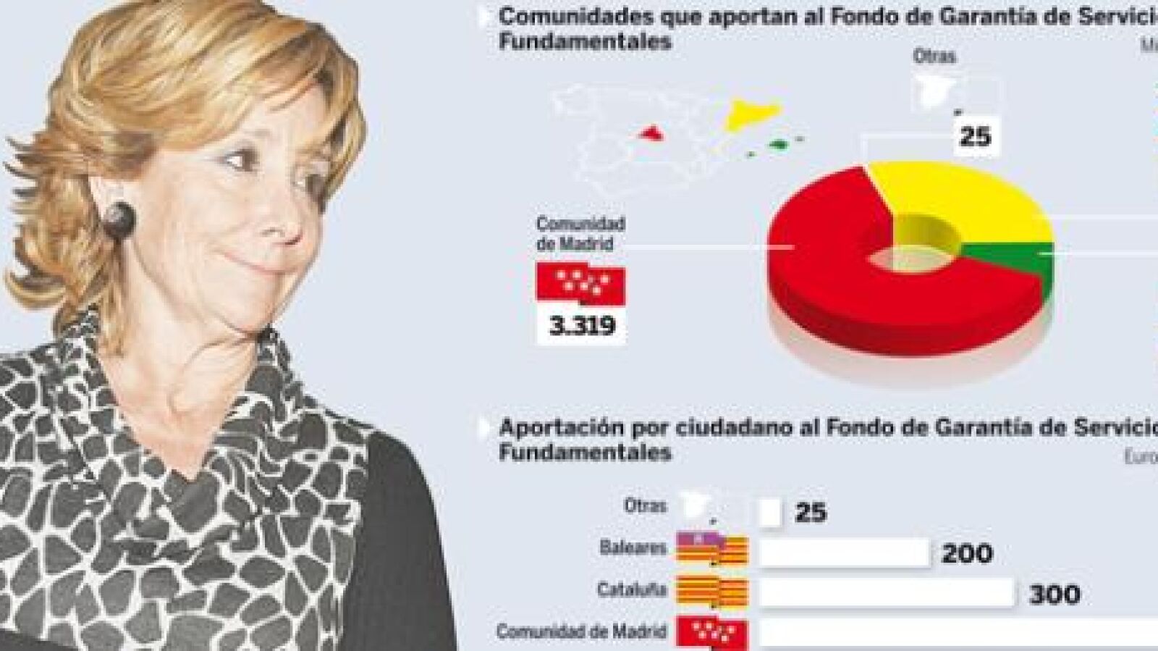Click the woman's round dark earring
point(119,219)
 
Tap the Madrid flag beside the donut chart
point(580,282)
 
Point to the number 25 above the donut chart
point(974,135)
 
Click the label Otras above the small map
point(934,56)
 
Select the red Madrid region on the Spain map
point(651,133)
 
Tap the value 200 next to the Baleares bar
point(967,554)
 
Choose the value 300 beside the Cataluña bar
point(1055,595)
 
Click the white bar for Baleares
point(844,553)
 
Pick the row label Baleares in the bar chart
point(633,547)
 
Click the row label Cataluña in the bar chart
point(631,589)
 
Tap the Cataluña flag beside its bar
point(711,592)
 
